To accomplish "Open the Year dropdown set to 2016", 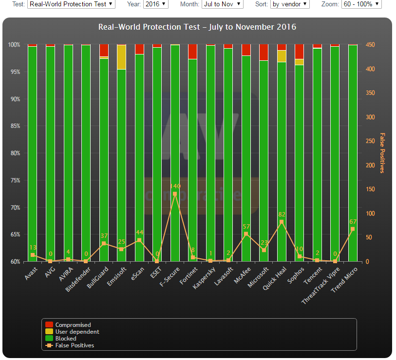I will point(156,4).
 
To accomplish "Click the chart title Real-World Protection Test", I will point(197,27).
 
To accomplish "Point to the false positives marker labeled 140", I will point(175,194).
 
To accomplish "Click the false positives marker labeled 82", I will point(282,222).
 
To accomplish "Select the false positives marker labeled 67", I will point(353,229).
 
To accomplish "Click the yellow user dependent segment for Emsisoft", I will point(122,57).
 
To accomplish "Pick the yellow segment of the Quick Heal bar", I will point(282,56).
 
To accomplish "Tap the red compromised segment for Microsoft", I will point(264,53).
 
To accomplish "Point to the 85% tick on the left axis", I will point(14,126).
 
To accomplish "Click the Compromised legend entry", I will point(73,325).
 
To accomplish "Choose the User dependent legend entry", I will point(77,332).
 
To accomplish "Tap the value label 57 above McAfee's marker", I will point(246,227).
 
